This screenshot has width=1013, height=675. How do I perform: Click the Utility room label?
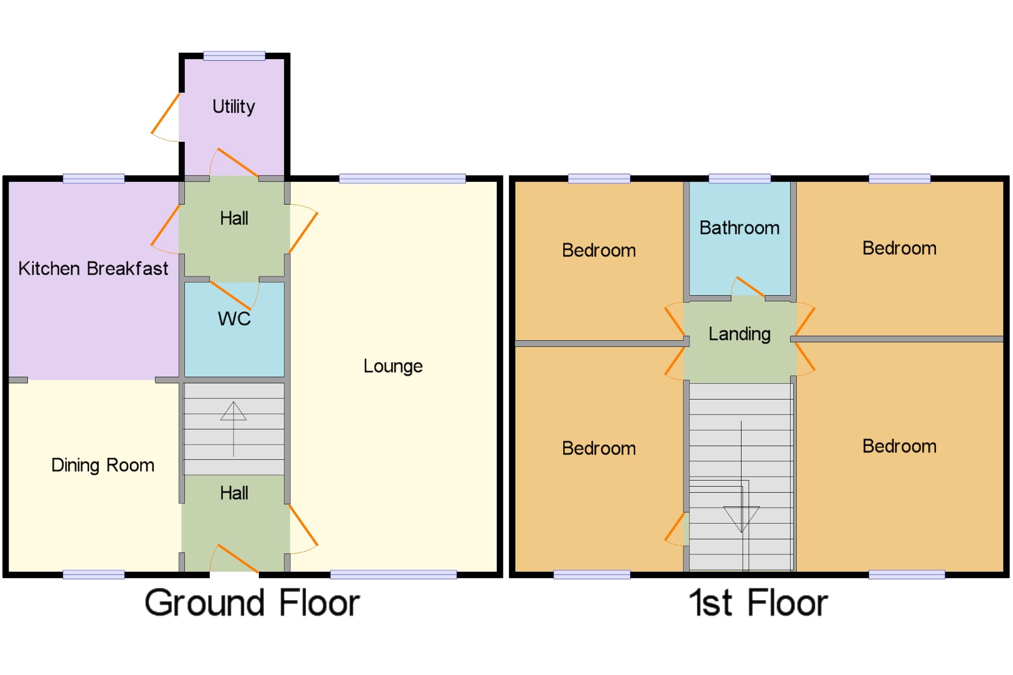coord(233,107)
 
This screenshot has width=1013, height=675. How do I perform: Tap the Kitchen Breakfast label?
coord(93,268)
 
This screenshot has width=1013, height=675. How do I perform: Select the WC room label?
coord(234,319)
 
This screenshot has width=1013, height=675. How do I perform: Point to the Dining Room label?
coord(103,465)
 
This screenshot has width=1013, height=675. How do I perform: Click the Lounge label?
coord(393,366)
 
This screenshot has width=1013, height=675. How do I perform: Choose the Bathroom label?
coord(739,228)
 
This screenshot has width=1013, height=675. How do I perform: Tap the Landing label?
coord(739,334)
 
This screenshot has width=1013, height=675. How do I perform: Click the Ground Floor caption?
coord(252,603)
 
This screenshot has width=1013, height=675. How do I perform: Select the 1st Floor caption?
coord(758,603)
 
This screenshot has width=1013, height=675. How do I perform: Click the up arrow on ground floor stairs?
coord(233,411)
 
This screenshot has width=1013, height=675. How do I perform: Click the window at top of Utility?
coord(234,56)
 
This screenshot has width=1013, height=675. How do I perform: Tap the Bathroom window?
coord(739,178)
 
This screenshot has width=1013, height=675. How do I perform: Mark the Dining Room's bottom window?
coord(94,574)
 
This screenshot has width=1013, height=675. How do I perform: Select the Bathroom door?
coord(749,287)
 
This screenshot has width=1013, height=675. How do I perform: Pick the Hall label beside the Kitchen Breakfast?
coord(234,219)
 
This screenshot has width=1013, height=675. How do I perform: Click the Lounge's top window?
coord(402,178)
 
